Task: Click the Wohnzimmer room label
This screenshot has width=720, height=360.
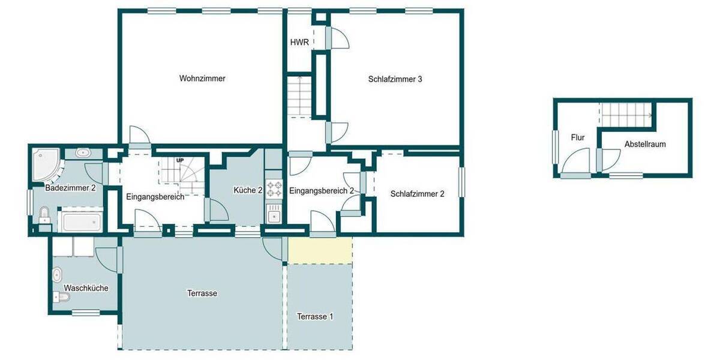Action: (x=202, y=78)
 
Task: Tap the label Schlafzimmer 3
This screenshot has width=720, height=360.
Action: (x=395, y=79)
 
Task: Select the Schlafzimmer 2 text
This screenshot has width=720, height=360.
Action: (x=417, y=194)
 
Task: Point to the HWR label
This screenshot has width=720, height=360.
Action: (x=299, y=43)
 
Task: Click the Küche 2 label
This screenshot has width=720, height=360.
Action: (x=248, y=190)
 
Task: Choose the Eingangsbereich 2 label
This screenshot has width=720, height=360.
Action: (x=321, y=191)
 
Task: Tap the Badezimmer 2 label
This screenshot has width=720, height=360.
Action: (x=71, y=188)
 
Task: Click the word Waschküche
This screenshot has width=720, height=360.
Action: (x=86, y=288)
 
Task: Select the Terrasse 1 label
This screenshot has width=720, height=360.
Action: (x=315, y=316)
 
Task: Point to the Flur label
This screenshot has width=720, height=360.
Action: (x=577, y=137)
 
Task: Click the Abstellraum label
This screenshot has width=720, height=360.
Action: (x=645, y=145)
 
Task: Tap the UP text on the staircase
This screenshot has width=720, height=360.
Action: (x=179, y=161)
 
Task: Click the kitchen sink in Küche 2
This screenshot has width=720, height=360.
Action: (x=274, y=213)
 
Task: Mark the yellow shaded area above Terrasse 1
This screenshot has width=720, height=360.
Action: (x=320, y=250)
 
